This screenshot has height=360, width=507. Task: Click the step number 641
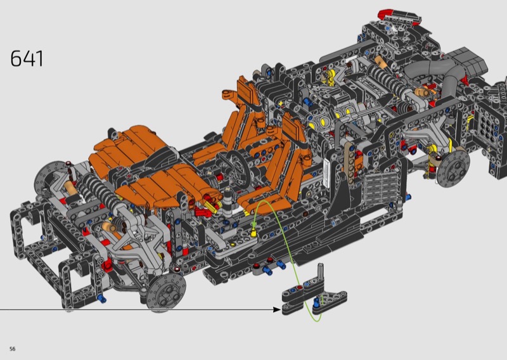(27, 58)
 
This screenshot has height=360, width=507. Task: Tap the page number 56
(13, 349)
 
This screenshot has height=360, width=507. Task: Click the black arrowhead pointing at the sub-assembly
(277, 309)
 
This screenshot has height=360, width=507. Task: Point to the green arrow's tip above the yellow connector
(254, 226)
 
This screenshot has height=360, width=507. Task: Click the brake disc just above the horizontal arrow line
(166, 292)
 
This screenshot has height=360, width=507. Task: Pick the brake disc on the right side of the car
(453, 168)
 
